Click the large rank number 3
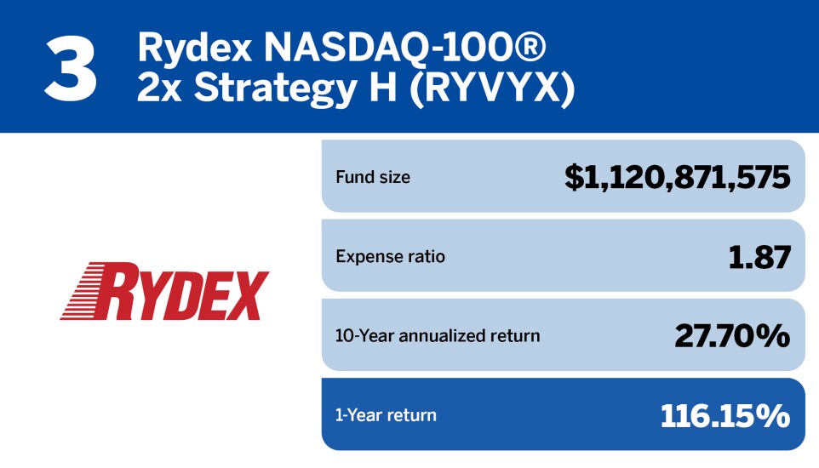click(71, 70)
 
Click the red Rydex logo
click(165, 291)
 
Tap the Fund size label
click(373, 177)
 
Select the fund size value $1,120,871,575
click(678, 178)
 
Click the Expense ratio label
click(390, 256)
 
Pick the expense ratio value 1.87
click(759, 258)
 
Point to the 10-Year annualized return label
click(438, 336)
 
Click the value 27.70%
click(732, 336)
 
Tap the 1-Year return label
click(386, 415)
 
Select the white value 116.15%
click(725, 416)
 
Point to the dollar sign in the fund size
click(574, 178)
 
